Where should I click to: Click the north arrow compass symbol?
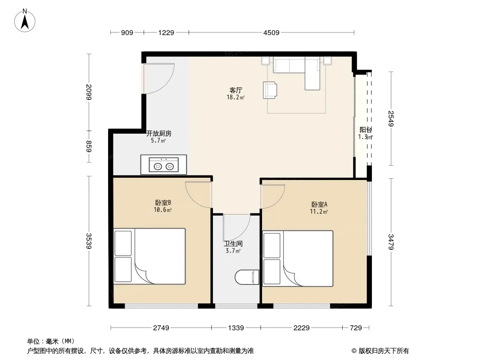click(25, 21)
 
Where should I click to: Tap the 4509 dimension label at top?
click(271, 32)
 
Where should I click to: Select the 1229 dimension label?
click(166, 32)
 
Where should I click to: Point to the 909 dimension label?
click(127, 32)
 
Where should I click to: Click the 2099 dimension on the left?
click(89, 92)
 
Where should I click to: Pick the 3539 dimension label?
click(89, 241)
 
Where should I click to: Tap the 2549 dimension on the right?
click(391, 118)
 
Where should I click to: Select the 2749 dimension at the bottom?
click(161, 328)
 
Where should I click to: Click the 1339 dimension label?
click(235, 328)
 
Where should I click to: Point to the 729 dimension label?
click(356, 328)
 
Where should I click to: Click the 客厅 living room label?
click(235, 90)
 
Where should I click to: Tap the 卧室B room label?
click(163, 202)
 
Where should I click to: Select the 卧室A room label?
click(319, 204)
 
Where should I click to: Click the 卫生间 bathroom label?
click(233, 243)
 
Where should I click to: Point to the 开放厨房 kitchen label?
click(158, 133)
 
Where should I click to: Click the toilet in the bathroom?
click(247, 277)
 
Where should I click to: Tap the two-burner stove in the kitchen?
click(163, 165)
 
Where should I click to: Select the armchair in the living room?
click(270, 90)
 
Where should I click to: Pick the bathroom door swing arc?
click(237, 228)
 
